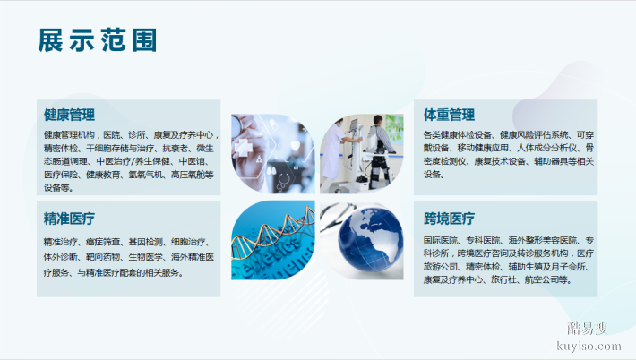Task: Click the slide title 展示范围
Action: [x=99, y=40]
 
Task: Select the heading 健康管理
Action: [x=69, y=115]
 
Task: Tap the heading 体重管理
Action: [x=449, y=115]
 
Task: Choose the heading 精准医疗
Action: [x=69, y=219]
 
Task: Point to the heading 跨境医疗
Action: [x=449, y=219]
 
